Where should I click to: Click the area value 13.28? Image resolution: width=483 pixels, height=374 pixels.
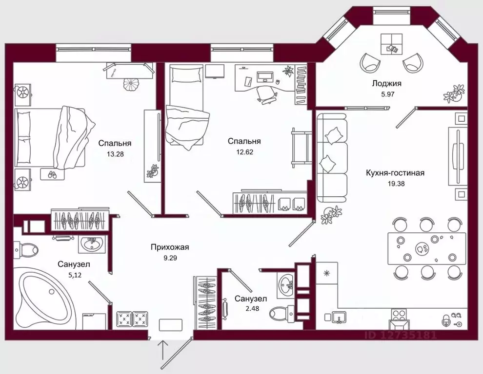(x=115, y=154)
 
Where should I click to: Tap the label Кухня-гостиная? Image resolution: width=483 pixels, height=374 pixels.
(x=395, y=173)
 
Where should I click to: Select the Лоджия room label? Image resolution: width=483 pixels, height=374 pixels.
(x=386, y=83)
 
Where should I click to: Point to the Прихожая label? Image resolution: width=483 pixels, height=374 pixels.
(x=170, y=247)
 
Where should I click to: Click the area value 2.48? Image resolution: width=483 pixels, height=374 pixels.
(x=252, y=308)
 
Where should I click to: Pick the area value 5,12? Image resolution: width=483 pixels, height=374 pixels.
(x=74, y=275)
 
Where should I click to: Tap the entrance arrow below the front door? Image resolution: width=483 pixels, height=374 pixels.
(x=163, y=350)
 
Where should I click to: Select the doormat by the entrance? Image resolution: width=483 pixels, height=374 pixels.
(x=171, y=325)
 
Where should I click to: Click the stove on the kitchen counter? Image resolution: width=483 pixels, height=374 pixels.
(x=401, y=318)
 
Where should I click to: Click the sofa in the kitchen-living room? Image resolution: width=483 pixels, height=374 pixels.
(x=332, y=158)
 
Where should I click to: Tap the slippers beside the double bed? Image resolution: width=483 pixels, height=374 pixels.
(x=52, y=174)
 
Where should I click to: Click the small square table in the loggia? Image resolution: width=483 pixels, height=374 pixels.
(x=391, y=44)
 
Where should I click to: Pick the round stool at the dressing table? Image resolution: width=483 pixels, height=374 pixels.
(x=132, y=84)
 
